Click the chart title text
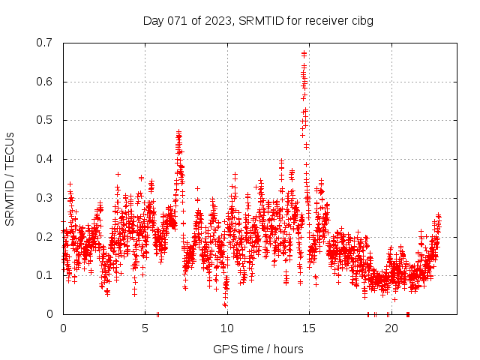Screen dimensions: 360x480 tap(258, 20)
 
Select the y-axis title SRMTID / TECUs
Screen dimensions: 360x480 tap(10, 178)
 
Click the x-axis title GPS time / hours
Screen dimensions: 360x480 tap(258, 349)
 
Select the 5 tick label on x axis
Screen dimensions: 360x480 tap(145, 328)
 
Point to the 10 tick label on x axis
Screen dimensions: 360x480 tap(227, 328)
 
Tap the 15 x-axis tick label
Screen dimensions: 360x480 tap(309, 328)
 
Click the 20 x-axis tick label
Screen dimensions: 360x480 tap(391, 328)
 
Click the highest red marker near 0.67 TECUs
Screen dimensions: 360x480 tap(304, 53)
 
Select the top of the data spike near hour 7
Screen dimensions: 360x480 tap(178, 132)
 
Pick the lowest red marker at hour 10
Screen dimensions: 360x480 tap(224, 304)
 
